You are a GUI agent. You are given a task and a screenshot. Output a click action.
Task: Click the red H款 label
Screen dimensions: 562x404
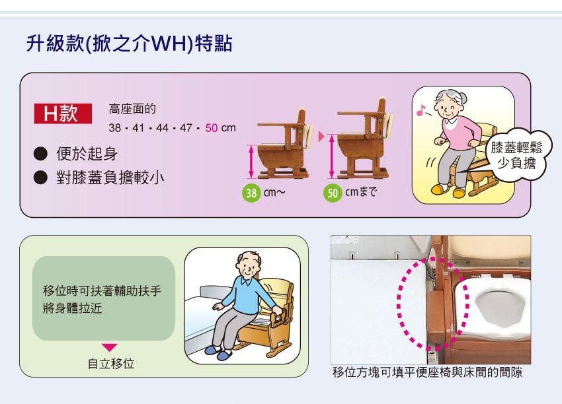point(63,114)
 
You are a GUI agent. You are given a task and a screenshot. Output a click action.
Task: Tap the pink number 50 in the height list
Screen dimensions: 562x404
point(211,128)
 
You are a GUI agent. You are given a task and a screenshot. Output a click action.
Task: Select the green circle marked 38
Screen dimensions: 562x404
point(251,193)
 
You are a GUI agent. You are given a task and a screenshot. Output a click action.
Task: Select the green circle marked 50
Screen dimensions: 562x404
point(333,193)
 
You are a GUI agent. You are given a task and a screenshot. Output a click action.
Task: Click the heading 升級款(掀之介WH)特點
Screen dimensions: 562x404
point(130,44)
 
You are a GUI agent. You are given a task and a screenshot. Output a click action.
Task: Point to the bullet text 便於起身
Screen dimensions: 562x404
point(87,154)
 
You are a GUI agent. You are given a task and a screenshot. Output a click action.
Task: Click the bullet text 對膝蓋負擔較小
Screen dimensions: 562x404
point(110,178)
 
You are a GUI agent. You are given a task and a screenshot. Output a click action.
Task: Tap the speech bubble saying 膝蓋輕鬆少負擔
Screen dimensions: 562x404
point(516,155)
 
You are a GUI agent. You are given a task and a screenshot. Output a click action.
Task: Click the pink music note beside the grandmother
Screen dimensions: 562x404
point(421,110)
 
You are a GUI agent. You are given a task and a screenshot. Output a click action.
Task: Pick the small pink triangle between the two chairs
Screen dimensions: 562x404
point(321,137)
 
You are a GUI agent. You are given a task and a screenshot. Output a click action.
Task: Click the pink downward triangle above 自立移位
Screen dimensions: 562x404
point(109,347)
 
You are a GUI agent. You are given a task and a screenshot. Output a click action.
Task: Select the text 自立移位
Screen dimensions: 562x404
point(111,364)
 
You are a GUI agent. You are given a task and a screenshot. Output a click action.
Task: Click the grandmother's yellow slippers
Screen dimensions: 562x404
point(449,191)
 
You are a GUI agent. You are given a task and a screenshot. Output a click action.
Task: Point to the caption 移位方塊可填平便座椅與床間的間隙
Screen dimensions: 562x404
point(427,372)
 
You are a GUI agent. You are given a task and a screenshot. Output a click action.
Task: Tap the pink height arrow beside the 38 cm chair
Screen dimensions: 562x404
point(251,161)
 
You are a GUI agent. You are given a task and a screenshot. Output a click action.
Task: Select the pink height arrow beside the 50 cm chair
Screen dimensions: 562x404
point(331,156)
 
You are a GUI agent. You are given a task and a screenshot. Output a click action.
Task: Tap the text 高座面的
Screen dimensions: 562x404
point(132,109)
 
